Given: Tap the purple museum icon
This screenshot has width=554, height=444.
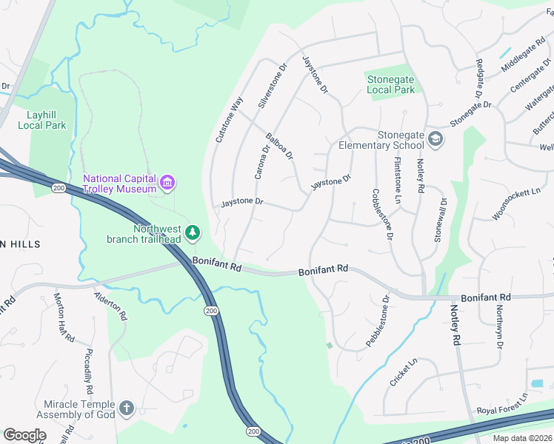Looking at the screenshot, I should pos(168,182).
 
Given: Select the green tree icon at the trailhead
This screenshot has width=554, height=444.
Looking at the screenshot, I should pos(193,233).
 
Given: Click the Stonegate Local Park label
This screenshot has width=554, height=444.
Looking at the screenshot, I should pos(391,84).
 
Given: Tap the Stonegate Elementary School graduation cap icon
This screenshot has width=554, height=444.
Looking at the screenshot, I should pos(435,138).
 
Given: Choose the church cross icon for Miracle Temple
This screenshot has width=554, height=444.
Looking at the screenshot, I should pos(127,408).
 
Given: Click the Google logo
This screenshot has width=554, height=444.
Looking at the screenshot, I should pos(24,434).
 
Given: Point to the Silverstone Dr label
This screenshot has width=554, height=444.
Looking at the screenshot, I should pos(272,87).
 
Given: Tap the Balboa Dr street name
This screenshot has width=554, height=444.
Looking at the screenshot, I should pos(280,146).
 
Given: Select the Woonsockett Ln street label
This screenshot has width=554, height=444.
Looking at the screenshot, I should pos(515,203).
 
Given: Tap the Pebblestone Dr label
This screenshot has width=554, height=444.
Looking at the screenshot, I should pos(378,321).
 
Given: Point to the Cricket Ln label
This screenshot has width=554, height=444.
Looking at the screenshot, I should pos(404,371).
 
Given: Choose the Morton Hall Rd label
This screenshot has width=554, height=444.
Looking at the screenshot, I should pos(64,318).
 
